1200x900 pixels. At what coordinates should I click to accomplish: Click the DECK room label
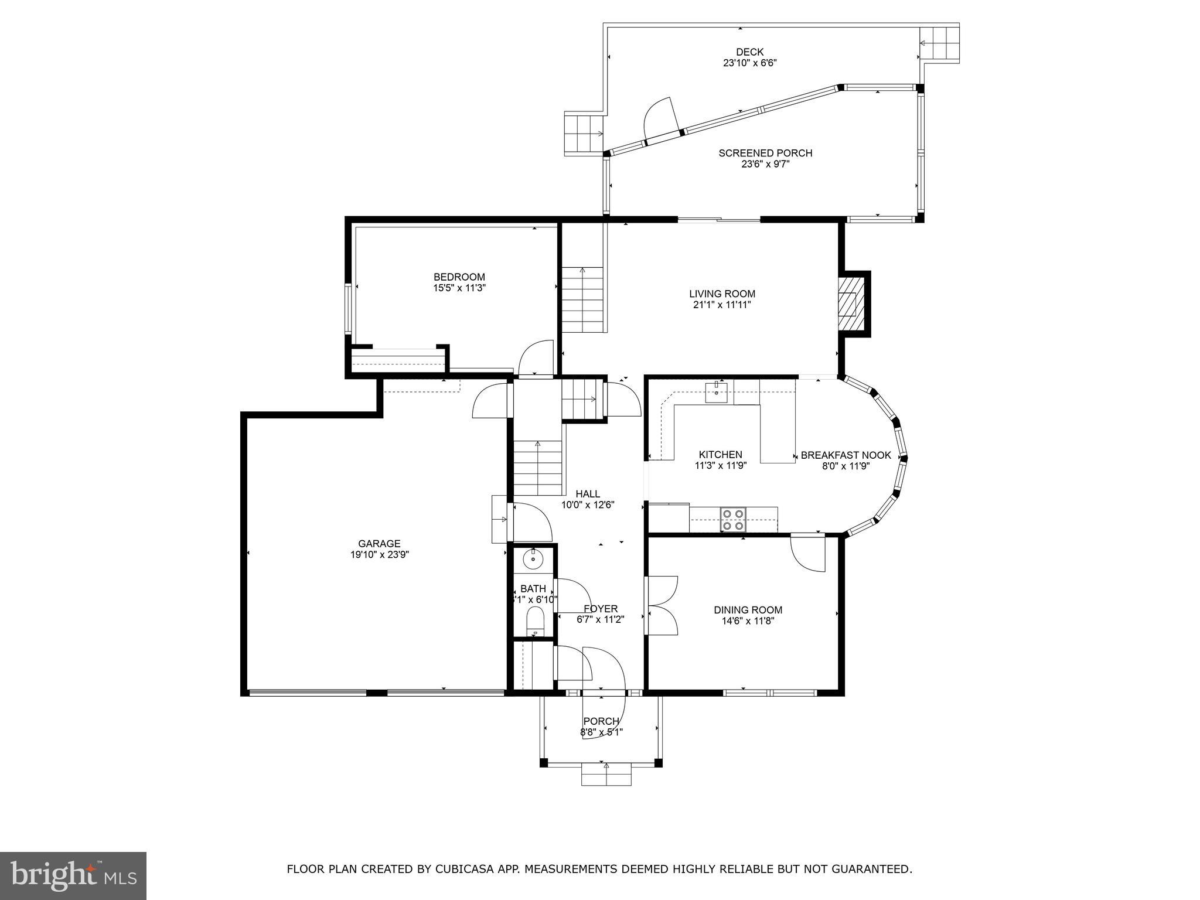point(749,52)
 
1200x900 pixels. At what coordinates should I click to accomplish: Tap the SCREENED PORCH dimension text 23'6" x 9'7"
point(765,165)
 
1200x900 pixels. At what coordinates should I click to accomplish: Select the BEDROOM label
point(459,277)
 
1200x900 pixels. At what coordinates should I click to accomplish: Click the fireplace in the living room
point(850,304)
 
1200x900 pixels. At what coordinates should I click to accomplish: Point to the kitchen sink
point(716,392)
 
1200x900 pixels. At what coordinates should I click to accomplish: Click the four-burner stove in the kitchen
point(732,519)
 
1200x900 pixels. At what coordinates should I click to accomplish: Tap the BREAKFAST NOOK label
point(846,455)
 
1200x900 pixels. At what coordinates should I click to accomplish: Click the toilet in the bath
point(535,620)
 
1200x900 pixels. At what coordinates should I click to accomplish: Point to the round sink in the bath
point(533,559)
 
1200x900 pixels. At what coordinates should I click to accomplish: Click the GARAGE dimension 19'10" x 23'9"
point(379,555)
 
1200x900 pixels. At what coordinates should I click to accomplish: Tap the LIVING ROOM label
point(722,294)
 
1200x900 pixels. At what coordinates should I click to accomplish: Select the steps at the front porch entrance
point(606,774)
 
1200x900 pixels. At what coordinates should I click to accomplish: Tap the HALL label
point(588,494)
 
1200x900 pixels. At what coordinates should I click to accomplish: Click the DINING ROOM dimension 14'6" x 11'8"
point(748,621)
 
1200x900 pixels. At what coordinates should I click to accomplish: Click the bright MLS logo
point(73,875)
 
